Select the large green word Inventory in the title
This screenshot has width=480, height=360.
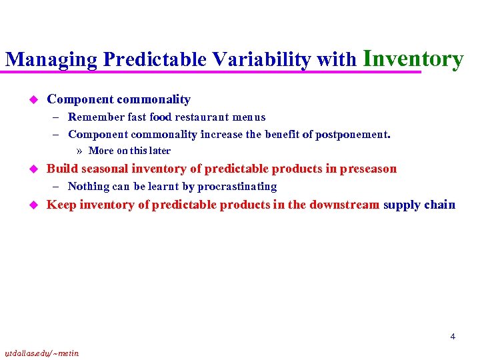click(413, 58)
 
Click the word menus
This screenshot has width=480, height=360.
click(249, 117)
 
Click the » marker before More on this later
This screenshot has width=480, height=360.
click(81, 151)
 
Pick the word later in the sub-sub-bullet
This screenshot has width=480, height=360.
click(160, 151)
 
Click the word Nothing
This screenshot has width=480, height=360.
click(89, 187)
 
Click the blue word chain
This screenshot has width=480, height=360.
click(440, 205)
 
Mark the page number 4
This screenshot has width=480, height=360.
click(453, 337)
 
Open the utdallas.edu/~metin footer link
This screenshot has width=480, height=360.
click(41, 353)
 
